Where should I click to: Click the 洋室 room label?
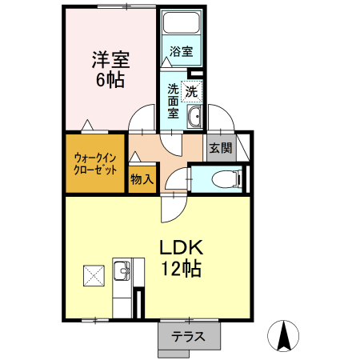tap(110, 59)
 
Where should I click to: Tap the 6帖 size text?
tap(110, 81)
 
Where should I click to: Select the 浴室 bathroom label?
tap(180, 52)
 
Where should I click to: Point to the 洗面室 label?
tap(174, 101)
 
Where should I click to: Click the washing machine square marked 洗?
tap(192, 91)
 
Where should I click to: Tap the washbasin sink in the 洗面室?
tap(194, 119)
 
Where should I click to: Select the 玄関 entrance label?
tap(220, 148)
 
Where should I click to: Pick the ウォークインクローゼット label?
tap(95, 163)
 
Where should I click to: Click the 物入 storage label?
tap(142, 179)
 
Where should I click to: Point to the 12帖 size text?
tap(182, 269)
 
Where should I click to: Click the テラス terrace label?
tap(189, 337)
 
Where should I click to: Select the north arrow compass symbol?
tap(284, 335)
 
